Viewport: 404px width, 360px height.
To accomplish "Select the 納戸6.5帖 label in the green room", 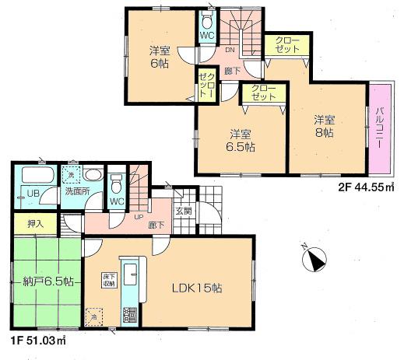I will tap(42, 281).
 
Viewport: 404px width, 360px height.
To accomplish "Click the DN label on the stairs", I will tap(230, 51).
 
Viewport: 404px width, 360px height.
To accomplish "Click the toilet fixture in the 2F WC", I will tap(206, 19).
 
